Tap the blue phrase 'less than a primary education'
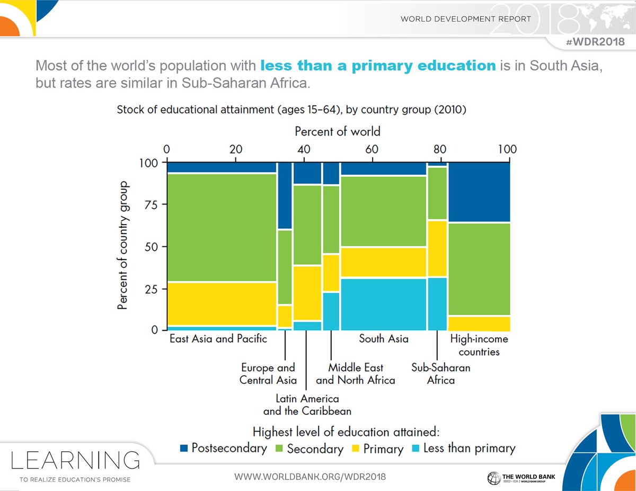[x=377, y=66]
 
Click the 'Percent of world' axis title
[x=338, y=130]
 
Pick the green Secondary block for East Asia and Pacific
[x=221, y=227]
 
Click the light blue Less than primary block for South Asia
[x=383, y=304]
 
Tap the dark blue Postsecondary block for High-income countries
[x=479, y=192]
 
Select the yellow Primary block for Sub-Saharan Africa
[x=437, y=248]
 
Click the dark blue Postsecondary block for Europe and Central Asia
[x=285, y=195]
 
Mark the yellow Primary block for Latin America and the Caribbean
[x=307, y=293]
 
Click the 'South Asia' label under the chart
[x=383, y=338]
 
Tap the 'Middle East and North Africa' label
[x=355, y=373]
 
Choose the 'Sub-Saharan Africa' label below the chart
[x=440, y=373]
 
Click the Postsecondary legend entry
[x=223, y=448]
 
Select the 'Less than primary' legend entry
[x=463, y=448]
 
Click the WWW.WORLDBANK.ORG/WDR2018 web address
[x=310, y=477]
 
